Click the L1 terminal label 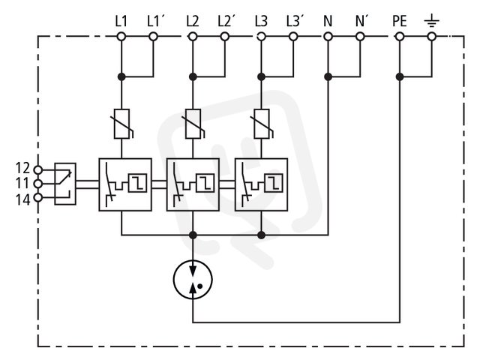click(121, 22)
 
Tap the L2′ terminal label click(226, 22)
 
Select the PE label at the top click(400, 22)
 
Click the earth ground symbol click(432, 22)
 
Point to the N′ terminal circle click(360, 37)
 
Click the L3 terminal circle click(261, 37)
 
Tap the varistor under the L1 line click(122, 124)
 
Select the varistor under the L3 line click(262, 124)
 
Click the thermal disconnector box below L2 click(193, 184)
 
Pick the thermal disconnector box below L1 click(125, 184)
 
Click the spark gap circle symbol click(193, 279)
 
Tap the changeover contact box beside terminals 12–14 click(65, 184)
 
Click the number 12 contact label click(23, 168)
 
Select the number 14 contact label click(23, 200)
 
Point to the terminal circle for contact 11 click(38, 184)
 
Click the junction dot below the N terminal click(328, 76)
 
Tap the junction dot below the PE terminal click(400, 76)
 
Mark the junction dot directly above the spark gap click(193, 235)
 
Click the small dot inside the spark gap click(200, 286)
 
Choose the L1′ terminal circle click(153, 37)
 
